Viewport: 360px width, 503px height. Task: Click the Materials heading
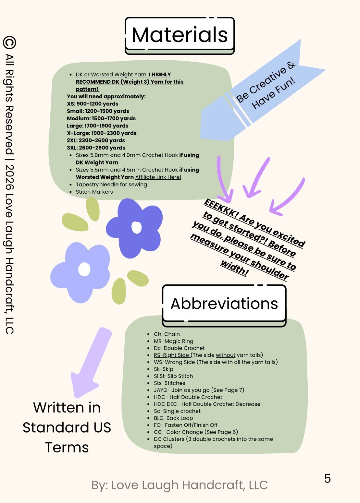[x=180, y=35]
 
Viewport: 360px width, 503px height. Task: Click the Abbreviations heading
[x=224, y=304]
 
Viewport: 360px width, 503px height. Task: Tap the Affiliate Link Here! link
[x=158, y=177]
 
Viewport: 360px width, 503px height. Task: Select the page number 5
[x=328, y=479]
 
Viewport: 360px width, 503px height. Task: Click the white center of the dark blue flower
[x=136, y=227]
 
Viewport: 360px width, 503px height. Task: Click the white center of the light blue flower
[x=84, y=269]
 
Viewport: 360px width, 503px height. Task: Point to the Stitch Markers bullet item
[x=94, y=192]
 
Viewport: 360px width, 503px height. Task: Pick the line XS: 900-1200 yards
[x=93, y=104]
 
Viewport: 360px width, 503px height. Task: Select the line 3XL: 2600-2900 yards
[x=96, y=148]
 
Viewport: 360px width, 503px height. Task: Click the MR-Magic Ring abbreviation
[x=173, y=341]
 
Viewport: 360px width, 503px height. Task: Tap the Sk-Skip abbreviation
[x=163, y=369]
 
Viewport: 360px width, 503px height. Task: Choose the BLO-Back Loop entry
[x=173, y=418]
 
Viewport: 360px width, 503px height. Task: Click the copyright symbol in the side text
[x=9, y=43]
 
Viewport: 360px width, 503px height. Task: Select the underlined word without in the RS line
[x=225, y=355]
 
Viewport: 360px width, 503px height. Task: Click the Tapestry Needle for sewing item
[x=111, y=185]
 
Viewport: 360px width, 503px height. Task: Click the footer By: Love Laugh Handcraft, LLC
[x=180, y=485]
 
